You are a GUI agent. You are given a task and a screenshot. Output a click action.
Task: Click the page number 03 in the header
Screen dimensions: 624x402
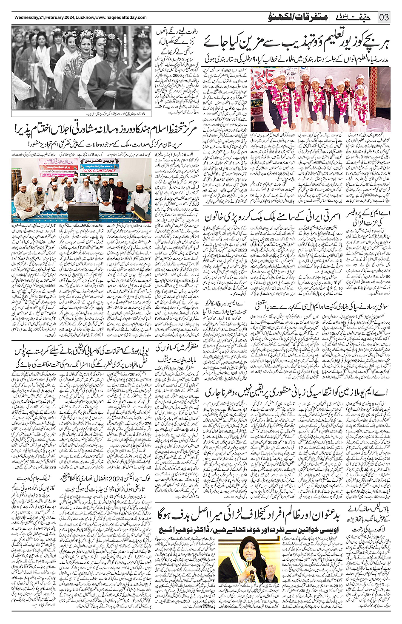(384, 17)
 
